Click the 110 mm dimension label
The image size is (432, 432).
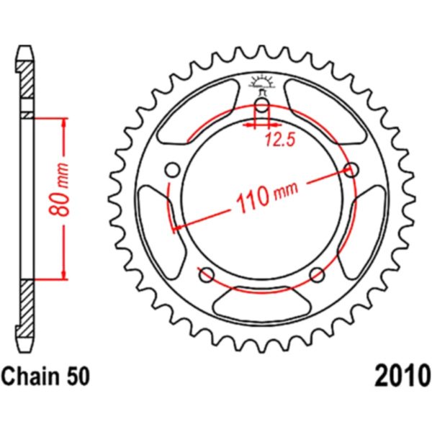(267, 197)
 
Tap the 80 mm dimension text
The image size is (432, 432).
(59, 189)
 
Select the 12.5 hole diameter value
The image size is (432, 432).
(280, 140)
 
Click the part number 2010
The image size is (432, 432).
(402, 376)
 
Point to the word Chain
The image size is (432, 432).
(30, 376)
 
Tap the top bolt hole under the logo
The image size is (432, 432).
(262, 105)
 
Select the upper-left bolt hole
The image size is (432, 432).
(173, 170)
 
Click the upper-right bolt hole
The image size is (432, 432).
(351, 169)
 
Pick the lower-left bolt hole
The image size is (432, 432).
(207, 274)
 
